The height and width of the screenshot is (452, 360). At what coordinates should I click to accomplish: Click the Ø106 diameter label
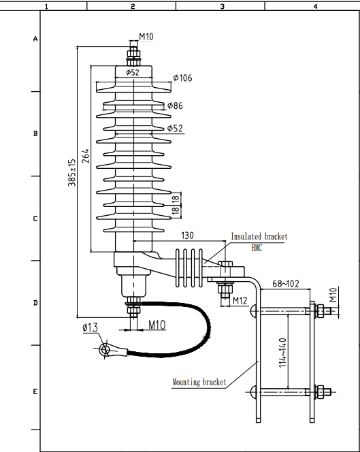[x=182, y=78]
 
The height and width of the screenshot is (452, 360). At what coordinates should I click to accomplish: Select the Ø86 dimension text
[x=175, y=106]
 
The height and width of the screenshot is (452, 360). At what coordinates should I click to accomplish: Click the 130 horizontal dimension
[x=189, y=235]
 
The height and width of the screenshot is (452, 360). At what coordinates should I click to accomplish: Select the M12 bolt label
[x=240, y=300]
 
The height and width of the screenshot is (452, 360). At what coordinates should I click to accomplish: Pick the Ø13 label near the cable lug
[x=90, y=327]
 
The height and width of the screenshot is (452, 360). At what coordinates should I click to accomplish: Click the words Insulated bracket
[x=259, y=236]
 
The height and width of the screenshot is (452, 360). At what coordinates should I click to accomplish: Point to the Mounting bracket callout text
[x=199, y=383]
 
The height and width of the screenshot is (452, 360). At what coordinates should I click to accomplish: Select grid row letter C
[x=35, y=219]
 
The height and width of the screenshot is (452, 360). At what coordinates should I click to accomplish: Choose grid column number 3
[x=222, y=6]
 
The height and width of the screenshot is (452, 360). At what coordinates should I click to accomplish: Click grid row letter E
[x=35, y=392]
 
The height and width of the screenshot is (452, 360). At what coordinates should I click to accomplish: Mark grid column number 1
[x=46, y=6]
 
